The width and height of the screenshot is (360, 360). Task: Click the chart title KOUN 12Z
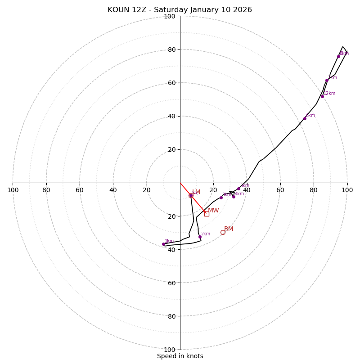180,10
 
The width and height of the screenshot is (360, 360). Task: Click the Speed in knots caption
180,356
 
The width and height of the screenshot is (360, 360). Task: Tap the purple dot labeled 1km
163,244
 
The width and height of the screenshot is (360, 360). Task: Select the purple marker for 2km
200,237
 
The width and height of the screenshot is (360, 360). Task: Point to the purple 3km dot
221,198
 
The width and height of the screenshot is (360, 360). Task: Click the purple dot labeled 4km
234,197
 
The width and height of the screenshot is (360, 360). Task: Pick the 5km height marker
238,189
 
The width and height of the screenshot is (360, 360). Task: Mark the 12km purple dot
322,96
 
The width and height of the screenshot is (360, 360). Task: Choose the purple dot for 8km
338,56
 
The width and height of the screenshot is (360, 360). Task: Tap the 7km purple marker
327,81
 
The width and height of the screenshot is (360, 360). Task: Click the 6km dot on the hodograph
305,118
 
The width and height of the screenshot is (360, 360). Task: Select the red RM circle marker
223,232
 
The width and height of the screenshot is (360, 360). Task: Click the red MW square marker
207,214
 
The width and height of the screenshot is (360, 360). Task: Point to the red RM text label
229,229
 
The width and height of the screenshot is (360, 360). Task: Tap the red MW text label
213,211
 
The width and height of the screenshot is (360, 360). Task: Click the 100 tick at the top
170,17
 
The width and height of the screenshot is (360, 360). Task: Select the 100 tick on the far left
13,190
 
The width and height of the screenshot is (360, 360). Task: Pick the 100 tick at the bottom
170,350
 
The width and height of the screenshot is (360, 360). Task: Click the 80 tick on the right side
314,190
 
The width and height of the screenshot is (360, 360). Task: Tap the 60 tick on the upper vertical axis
171,83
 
